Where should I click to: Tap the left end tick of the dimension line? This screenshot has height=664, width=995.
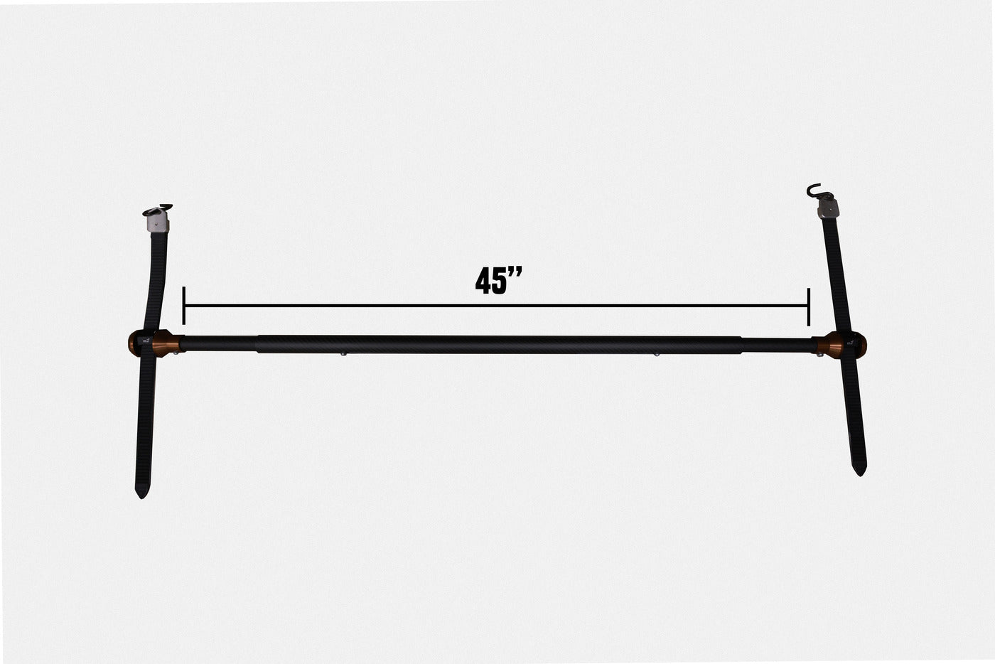pyautogui.click(x=183, y=306)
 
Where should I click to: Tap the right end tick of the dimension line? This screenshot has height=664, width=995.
pyautogui.click(x=809, y=307)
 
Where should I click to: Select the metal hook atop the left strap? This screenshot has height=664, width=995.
pyautogui.click(x=159, y=210)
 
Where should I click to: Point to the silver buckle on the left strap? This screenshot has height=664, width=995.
pyautogui.click(x=158, y=223)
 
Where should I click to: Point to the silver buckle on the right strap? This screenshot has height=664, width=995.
pyautogui.click(x=829, y=209)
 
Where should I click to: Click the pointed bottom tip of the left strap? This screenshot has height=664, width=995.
pyautogui.click(x=142, y=498)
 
